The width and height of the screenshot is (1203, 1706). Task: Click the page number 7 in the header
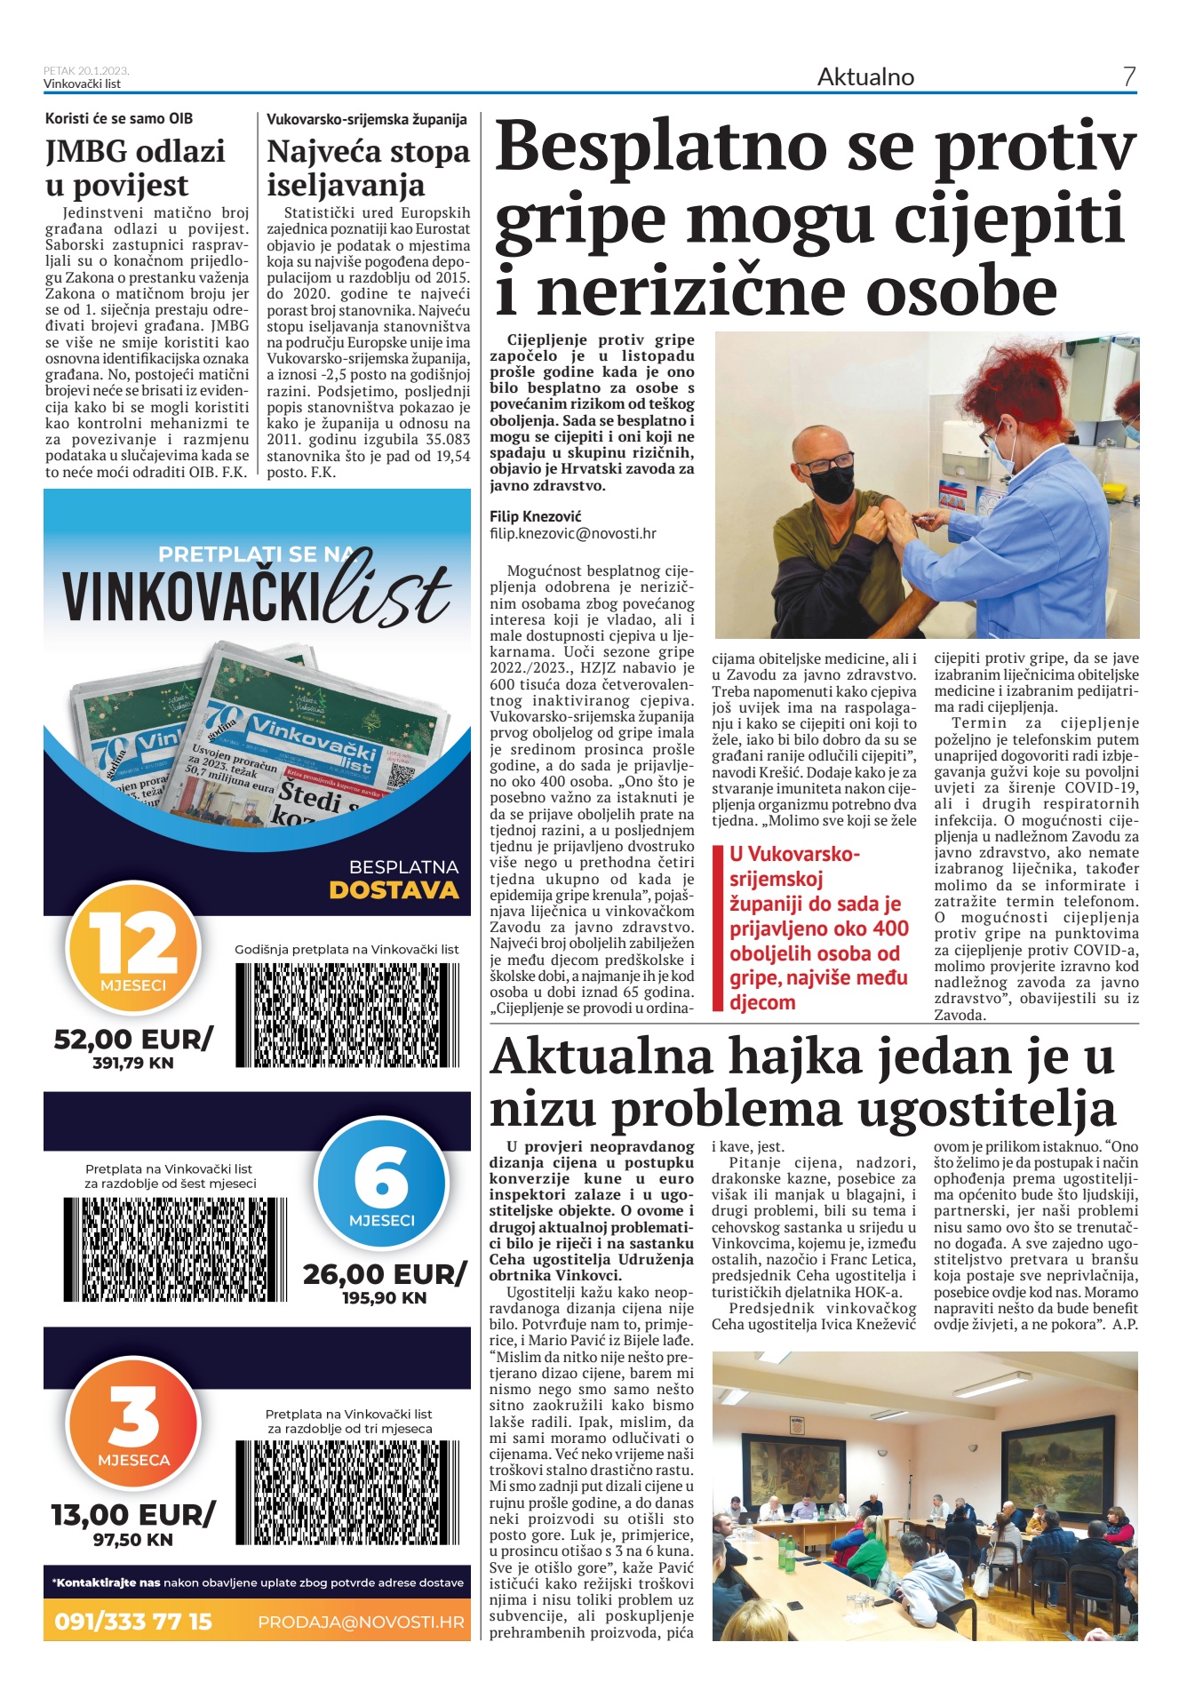[x=1128, y=77]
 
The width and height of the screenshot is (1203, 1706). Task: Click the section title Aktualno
[x=865, y=77]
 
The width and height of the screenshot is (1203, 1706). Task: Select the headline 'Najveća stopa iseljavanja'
[x=368, y=168]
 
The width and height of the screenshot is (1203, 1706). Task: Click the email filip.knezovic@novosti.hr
[x=572, y=534]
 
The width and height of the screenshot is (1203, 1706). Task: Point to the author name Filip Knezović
[x=535, y=516]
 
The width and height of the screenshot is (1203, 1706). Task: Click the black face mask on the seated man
[x=833, y=483]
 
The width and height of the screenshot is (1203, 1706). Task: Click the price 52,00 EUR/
[x=133, y=1039]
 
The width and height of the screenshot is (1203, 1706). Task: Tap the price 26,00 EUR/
[x=384, y=1274]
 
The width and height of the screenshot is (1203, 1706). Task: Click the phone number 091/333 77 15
[x=133, y=1622]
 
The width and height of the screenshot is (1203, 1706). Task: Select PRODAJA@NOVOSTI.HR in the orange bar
[x=361, y=1622]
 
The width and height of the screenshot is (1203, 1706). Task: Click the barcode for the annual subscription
[x=347, y=1015]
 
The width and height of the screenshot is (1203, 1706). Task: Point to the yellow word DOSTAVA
[x=394, y=890]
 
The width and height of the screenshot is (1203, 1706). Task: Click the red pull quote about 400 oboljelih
[x=818, y=928]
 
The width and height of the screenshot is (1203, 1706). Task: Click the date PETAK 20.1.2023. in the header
[x=86, y=70]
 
